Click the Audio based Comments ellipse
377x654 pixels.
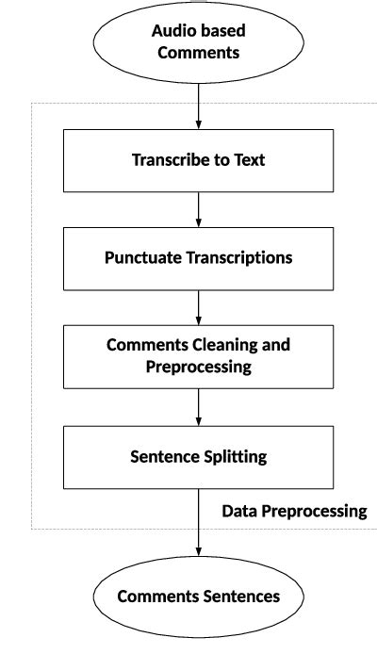pos(198,42)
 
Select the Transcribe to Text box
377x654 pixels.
pos(198,160)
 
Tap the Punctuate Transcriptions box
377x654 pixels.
pos(198,257)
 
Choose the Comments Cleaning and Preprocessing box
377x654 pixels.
pos(198,355)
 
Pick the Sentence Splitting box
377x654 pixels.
pos(198,457)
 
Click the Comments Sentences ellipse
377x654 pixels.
pos(198,597)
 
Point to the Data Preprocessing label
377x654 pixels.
pos(294,512)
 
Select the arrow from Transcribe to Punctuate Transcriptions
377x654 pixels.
pos(198,208)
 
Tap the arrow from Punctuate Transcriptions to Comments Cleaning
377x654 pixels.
pos(198,306)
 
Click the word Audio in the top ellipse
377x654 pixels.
pos(172,31)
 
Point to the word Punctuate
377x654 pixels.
pos(140,257)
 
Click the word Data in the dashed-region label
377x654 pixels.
pos(238,512)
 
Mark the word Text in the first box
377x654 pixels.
pos(249,160)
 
